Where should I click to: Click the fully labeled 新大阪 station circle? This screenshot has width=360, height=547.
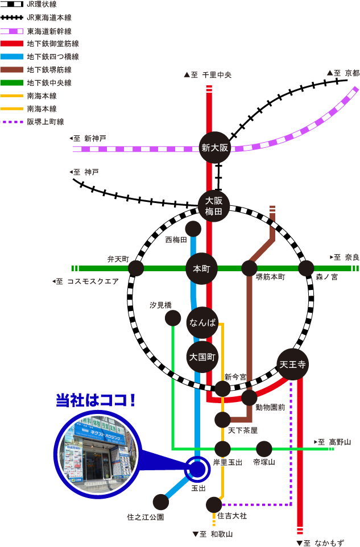(215, 148)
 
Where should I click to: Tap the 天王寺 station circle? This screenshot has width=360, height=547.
(293, 364)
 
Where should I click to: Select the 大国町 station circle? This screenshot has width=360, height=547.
(202, 357)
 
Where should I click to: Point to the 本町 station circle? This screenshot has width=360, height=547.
(202, 268)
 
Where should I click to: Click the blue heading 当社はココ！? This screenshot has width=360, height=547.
(96, 400)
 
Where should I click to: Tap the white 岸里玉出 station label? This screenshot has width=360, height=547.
(227, 462)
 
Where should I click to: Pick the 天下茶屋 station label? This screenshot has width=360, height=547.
(243, 430)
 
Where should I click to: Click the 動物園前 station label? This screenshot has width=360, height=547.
(270, 407)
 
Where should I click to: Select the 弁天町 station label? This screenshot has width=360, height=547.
(118, 259)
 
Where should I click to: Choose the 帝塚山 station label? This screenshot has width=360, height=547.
(264, 462)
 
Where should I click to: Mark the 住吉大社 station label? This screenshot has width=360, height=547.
(233, 516)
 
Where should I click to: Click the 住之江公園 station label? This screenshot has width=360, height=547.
(145, 517)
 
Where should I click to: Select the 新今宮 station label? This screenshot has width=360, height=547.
(235, 377)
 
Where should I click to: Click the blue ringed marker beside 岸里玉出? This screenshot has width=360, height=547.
(198, 469)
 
